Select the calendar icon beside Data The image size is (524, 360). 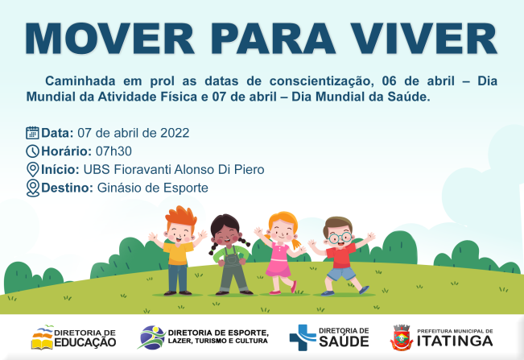32,133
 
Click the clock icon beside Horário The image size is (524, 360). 32,151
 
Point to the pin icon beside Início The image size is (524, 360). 32,169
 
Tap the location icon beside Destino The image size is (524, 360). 32,188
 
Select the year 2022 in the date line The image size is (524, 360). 175,133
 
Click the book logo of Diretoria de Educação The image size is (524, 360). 43,338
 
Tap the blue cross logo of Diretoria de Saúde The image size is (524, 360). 302,337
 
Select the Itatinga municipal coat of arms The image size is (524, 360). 403,337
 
